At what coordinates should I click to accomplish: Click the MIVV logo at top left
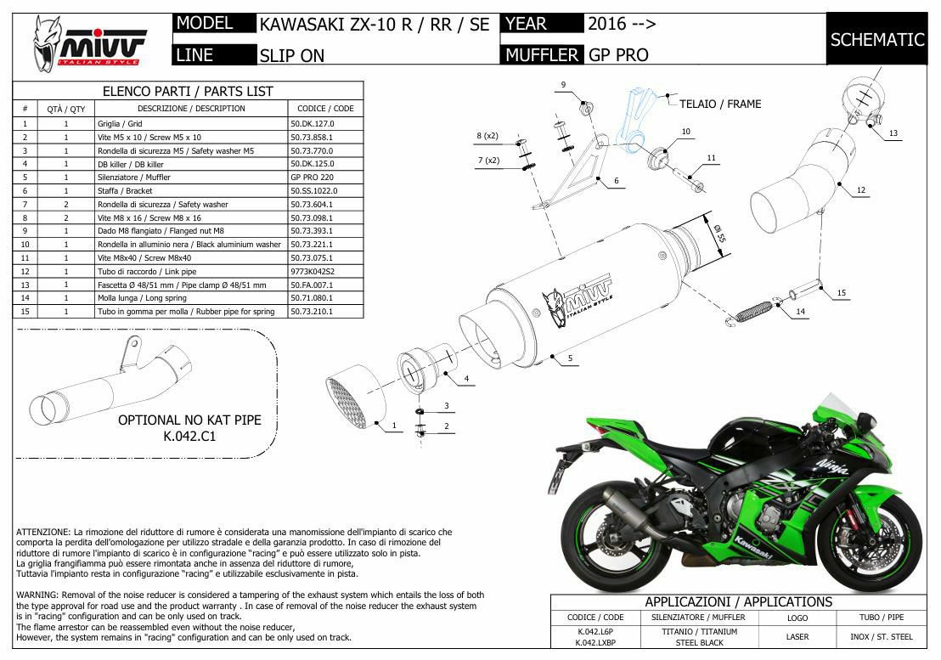click(x=89, y=42)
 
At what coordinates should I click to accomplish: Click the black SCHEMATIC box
click(x=876, y=39)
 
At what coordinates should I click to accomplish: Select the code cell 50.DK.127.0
click(x=312, y=124)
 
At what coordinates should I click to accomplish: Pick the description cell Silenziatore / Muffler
click(x=134, y=178)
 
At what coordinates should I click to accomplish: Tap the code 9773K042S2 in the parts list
click(x=312, y=271)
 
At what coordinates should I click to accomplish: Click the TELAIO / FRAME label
click(x=720, y=104)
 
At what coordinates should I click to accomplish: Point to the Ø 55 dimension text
click(x=719, y=233)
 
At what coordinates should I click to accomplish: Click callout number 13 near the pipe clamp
click(x=893, y=133)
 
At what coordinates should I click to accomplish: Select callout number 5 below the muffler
click(x=570, y=358)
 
